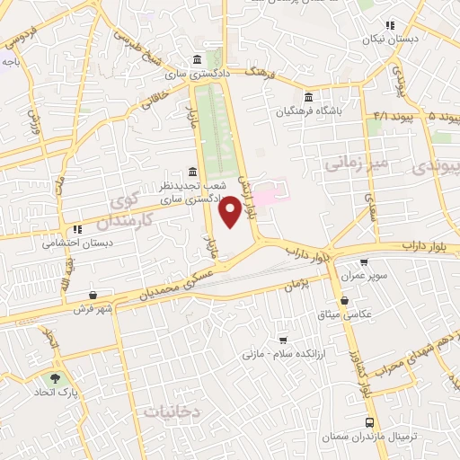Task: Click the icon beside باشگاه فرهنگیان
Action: [x=308, y=98]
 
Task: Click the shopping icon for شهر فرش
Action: [x=93, y=296]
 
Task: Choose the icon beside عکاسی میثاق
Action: [x=345, y=302]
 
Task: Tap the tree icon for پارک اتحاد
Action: [x=58, y=379]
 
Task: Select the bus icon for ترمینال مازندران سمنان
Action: [x=370, y=422]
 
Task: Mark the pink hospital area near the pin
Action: [x=269, y=193]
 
